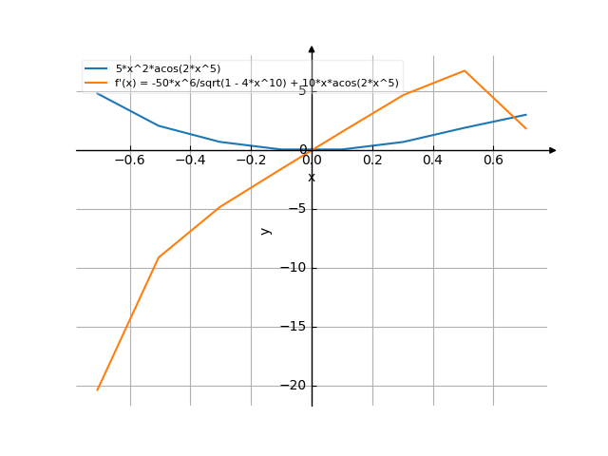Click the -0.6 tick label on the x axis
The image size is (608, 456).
tap(129, 161)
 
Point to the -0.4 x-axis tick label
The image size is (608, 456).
tap(190, 161)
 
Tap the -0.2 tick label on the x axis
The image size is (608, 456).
tap(251, 161)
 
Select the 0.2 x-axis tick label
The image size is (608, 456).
tap(372, 161)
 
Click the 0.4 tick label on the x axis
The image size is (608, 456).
tap(432, 161)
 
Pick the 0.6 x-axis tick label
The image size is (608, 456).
tap(493, 161)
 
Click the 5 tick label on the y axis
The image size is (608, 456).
tap(302, 91)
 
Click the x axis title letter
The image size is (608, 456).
tap(312, 178)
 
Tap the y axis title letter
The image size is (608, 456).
tap(266, 230)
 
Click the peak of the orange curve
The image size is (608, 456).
tap(465, 70)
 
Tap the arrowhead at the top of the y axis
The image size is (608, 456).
tap(312, 48)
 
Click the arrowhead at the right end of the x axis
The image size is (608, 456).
tap(553, 150)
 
